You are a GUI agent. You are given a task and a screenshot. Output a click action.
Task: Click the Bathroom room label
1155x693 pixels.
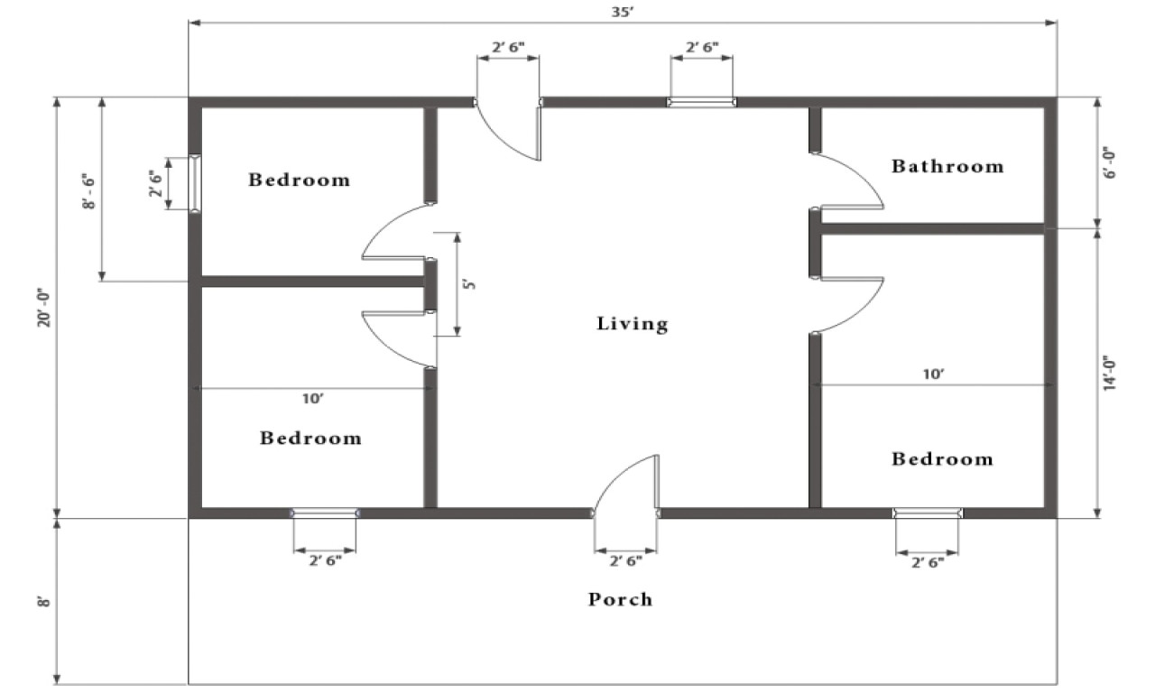[947, 166]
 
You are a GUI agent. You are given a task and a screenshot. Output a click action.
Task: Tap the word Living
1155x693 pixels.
[633, 324]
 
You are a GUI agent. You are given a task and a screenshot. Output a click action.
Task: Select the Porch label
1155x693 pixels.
[620, 599]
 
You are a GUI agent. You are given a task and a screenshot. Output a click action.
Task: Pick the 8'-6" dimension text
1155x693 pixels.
[88, 192]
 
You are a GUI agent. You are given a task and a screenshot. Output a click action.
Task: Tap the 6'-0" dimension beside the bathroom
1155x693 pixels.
[1110, 162]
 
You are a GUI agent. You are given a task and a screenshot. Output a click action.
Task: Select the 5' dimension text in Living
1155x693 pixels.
[468, 284]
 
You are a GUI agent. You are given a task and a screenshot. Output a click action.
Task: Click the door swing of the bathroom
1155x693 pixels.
[848, 180]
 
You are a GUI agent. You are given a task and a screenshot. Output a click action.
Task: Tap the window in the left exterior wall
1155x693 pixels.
[195, 184]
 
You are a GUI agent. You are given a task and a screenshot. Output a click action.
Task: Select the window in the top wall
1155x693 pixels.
[701, 102]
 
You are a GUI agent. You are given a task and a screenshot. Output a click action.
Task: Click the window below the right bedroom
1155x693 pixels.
[928, 513]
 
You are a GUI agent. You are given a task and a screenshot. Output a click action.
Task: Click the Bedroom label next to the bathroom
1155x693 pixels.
[942, 458]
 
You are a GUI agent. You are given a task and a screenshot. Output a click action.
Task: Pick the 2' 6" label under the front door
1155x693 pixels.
[625, 561]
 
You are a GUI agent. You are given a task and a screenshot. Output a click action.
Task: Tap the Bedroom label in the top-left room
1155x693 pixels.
[299, 180]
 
